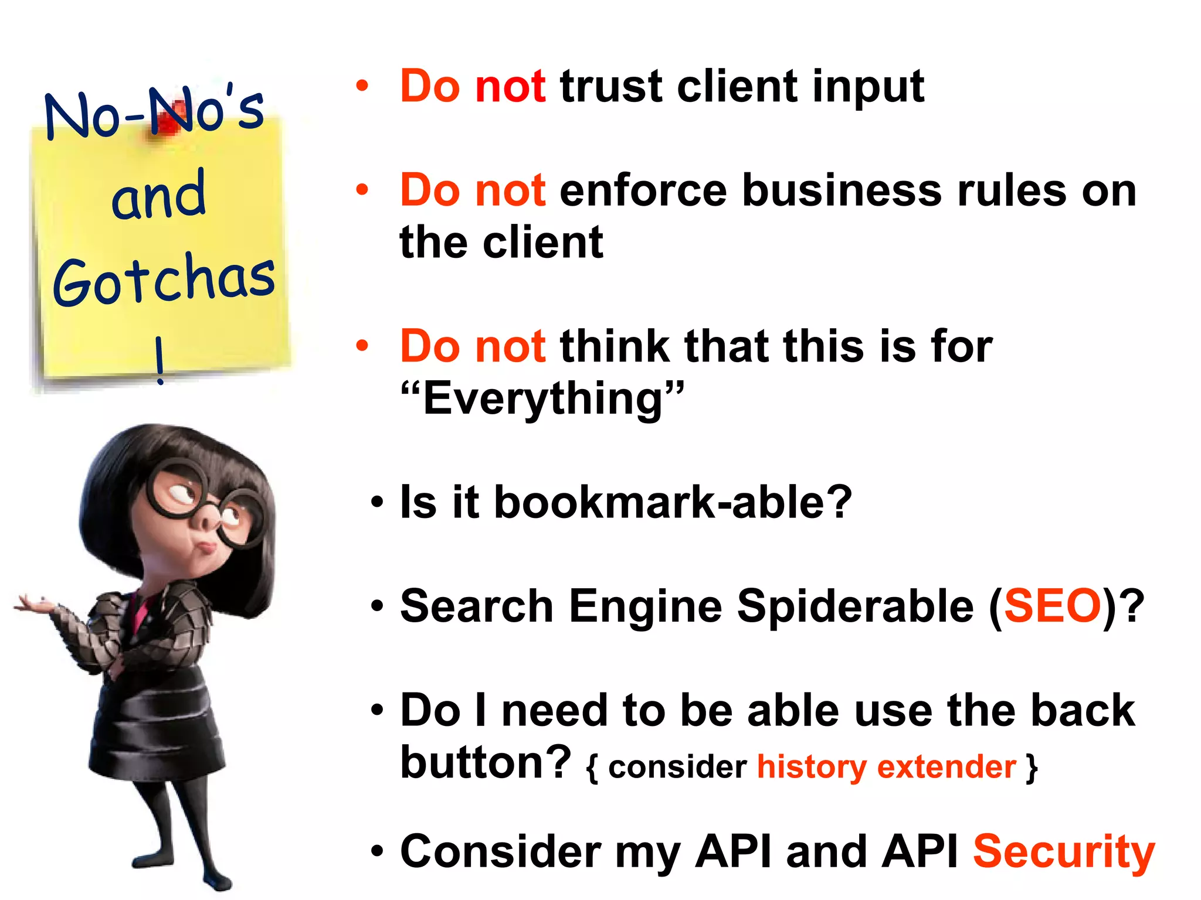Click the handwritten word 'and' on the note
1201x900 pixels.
[158, 195]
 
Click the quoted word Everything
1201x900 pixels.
[542, 398]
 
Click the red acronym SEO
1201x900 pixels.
[1053, 606]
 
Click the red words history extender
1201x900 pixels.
[886, 767]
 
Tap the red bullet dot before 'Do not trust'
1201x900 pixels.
[362, 87]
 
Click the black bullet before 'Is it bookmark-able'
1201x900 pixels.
[377, 503]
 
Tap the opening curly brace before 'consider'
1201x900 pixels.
[592, 768]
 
